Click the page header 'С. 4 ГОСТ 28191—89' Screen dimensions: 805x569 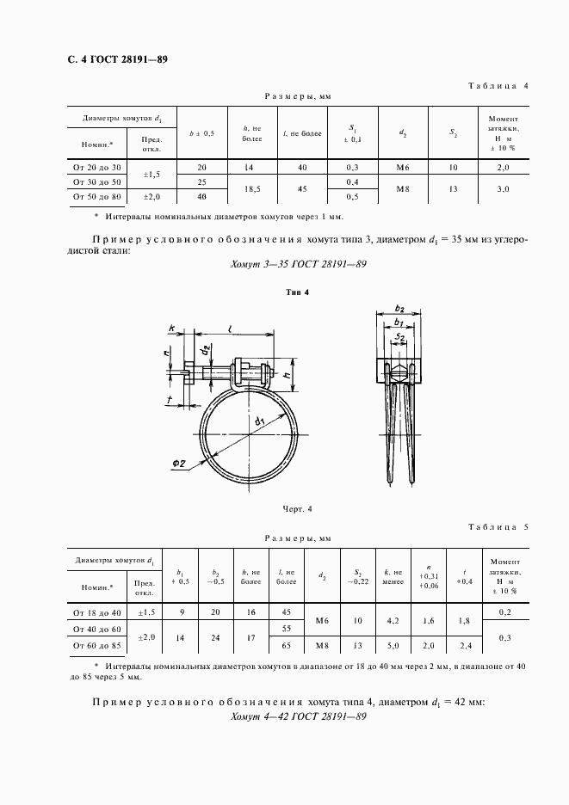tap(111, 59)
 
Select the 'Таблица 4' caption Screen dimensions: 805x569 tap(498, 86)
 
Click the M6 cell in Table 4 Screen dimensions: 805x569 tap(403, 167)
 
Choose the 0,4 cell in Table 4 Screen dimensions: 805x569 tap(353, 181)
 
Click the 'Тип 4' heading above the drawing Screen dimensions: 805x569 tap(296, 292)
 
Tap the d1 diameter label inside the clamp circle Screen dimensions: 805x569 tap(258, 421)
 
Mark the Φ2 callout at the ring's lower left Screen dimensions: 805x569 tap(180, 464)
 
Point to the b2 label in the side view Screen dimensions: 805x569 tap(399, 309)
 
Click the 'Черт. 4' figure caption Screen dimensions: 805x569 tap(296, 509)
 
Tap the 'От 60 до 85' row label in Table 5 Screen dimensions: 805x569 tap(97, 643)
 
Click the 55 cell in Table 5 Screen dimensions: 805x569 tap(286, 629)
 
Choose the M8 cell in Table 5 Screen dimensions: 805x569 tap(321, 643)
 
